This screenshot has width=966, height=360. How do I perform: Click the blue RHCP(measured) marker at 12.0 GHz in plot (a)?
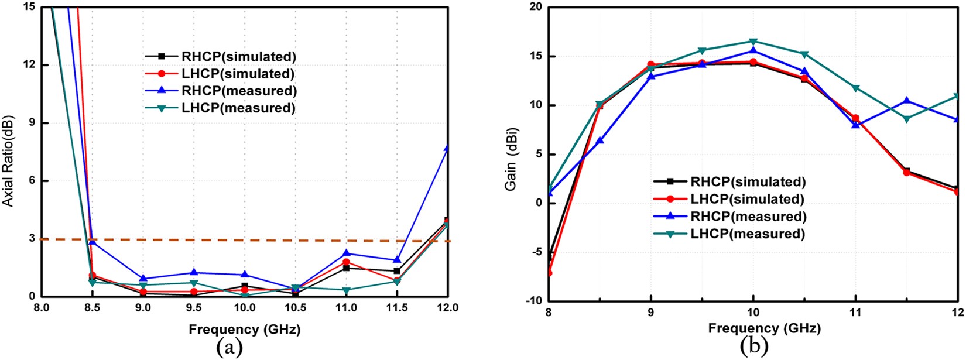(447, 149)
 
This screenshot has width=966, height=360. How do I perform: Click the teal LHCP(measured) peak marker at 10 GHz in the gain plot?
(753, 42)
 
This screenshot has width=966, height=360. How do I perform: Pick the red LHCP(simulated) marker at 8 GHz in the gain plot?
(549, 273)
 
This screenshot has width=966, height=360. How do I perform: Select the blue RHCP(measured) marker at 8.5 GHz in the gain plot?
(600, 140)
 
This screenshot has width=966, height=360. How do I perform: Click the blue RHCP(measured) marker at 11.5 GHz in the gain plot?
(906, 101)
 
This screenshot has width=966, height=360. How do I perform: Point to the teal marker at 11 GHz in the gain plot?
(855, 88)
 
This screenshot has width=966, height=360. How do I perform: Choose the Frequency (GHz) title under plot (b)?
(764, 328)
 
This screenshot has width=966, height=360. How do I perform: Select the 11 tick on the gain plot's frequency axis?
(855, 313)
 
